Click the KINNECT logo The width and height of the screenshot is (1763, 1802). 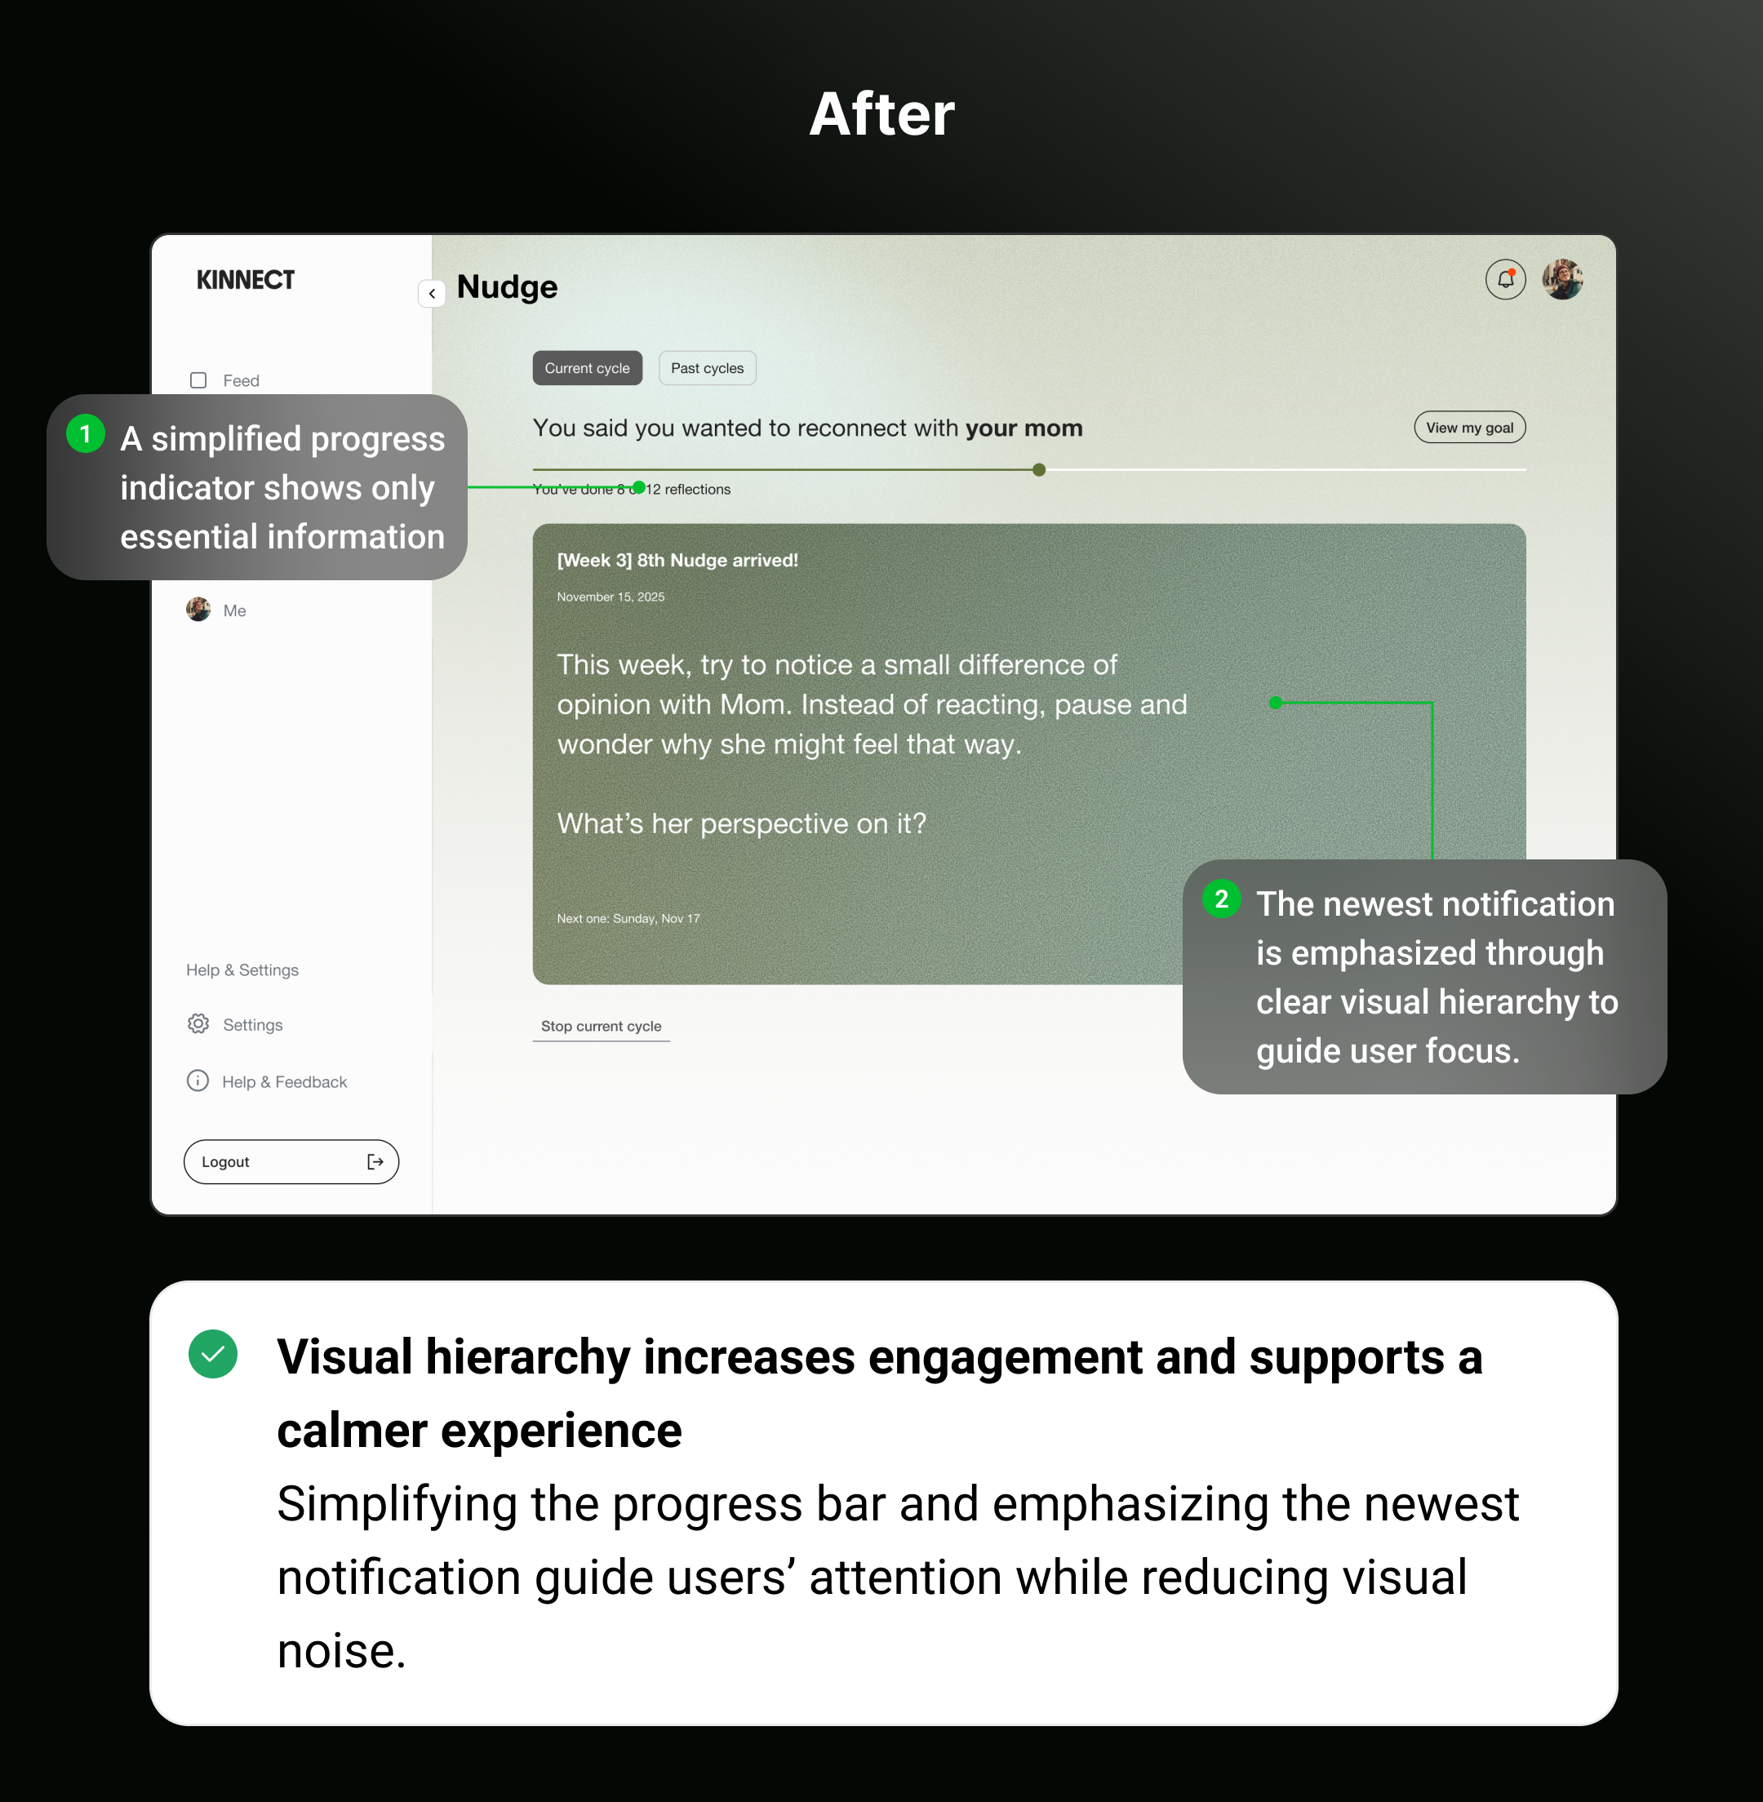click(x=246, y=280)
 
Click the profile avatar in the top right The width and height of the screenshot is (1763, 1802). click(x=1562, y=279)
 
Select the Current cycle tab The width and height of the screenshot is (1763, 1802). click(x=587, y=367)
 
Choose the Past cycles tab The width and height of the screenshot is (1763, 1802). click(x=707, y=367)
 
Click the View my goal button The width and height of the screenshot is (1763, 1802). click(x=1468, y=427)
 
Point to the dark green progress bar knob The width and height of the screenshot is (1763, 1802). click(x=1039, y=469)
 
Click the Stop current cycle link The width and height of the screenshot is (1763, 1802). click(x=601, y=1026)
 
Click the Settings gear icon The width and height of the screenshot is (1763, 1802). click(x=198, y=1023)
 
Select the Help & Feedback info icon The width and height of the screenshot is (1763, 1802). click(x=198, y=1081)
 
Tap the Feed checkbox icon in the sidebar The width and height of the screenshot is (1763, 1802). click(x=198, y=379)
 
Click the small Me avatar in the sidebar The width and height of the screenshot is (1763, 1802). click(x=198, y=610)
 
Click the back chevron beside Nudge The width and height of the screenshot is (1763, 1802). click(x=433, y=294)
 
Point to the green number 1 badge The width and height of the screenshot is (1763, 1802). click(x=85, y=433)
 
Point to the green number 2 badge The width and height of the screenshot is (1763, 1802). click(x=1221, y=899)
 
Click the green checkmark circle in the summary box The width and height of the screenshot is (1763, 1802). click(x=213, y=1354)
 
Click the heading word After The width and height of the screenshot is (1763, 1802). click(x=881, y=114)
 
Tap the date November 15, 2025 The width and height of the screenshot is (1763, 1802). click(x=611, y=597)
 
